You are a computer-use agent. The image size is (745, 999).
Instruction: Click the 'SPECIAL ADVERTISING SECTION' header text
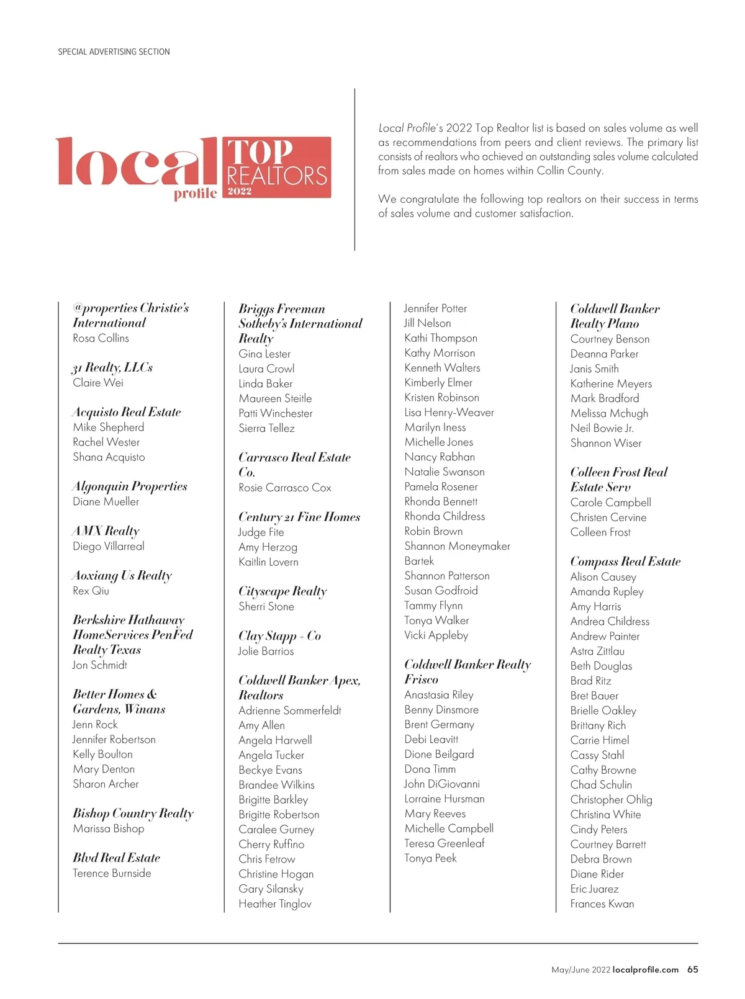tap(114, 52)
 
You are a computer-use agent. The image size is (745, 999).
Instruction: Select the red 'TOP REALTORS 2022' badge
tap(276, 168)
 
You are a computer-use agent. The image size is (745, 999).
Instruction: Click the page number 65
tap(692, 970)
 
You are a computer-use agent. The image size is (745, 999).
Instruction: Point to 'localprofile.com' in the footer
tap(645, 970)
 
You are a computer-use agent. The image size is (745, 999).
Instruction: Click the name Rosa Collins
tap(101, 338)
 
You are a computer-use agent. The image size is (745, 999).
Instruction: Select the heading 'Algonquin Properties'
tap(130, 486)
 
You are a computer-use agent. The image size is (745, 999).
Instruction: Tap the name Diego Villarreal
tap(108, 547)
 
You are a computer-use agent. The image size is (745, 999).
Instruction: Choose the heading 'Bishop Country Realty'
tap(133, 813)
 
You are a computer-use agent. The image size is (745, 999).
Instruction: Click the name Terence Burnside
tap(112, 873)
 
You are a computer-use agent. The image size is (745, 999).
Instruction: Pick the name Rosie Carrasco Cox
tap(285, 488)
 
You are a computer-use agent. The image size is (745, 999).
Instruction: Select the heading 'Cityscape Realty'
tap(282, 591)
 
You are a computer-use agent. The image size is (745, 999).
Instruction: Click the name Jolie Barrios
tap(266, 651)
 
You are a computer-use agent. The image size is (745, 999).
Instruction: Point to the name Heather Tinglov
tap(275, 904)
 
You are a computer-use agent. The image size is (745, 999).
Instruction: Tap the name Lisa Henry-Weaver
tap(449, 413)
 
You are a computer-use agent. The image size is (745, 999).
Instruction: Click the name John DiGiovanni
tap(442, 784)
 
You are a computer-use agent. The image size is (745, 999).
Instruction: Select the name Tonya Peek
tap(430, 858)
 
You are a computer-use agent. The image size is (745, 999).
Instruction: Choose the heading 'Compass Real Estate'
tap(625, 562)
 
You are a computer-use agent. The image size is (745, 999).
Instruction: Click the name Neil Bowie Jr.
tap(602, 428)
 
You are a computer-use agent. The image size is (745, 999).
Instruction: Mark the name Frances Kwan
tap(602, 904)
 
